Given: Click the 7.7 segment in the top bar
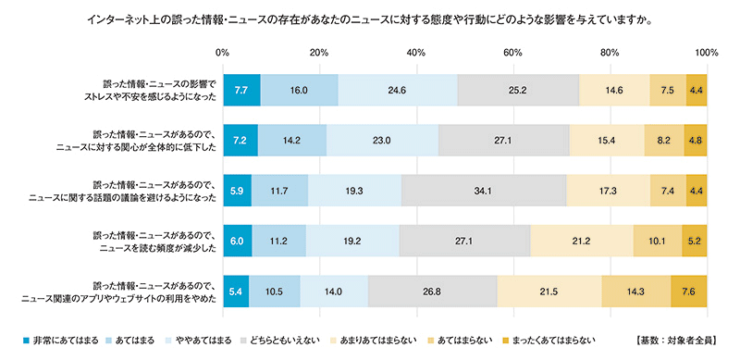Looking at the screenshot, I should pos(241,90).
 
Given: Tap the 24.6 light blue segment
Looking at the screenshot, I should pos(398,90).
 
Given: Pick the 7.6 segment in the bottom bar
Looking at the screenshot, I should pos(689,290).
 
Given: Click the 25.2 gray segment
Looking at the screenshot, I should pos(518,90).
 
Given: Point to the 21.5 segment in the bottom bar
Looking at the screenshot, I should pos(549,290).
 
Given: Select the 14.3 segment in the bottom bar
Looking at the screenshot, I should pos(636,290).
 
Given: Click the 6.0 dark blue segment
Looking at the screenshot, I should pos(237,240).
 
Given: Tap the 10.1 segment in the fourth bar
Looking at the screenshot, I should pos(658,240).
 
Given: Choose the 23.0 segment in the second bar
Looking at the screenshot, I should pos(382,140).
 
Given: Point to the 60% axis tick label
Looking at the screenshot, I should pos(513,53).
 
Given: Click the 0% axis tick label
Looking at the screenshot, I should pos(223,53).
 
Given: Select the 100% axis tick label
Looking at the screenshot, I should pos(706,53).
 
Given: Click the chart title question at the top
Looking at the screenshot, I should pos(369,18).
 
